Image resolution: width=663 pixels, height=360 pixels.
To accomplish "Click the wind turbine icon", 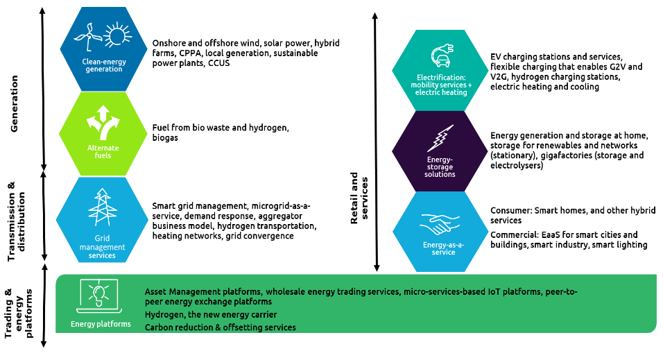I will pyautogui.click(x=88, y=36).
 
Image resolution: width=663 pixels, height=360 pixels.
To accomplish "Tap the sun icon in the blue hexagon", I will pyautogui.click(x=117, y=36).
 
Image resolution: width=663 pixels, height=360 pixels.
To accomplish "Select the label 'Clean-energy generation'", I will pyautogui.click(x=103, y=65).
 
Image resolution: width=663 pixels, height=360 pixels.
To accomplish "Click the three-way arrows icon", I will pyautogui.click(x=103, y=123).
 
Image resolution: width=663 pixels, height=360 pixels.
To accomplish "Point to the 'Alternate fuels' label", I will pyautogui.click(x=103, y=151).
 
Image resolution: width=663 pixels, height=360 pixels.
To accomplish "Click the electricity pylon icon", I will pyautogui.click(x=102, y=207).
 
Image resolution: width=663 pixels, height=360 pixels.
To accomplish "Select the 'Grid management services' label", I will pyautogui.click(x=102, y=247).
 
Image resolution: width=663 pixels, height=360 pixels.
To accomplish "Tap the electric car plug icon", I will pyautogui.click(x=441, y=55).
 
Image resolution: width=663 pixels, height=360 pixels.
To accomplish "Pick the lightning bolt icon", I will pyautogui.click(x=440, y=138).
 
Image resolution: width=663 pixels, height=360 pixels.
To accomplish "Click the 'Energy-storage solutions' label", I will pyautogui.click(x=440, y=166).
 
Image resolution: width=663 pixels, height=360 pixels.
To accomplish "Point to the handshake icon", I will pyautogui.click(x=440, y=224).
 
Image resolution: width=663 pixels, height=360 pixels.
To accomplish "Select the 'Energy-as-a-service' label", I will pyautogui.click(x=439, y=248).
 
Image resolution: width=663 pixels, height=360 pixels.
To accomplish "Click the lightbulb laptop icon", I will pyautogui.click(x=99, y=294).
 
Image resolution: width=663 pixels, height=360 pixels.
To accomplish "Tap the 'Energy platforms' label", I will pyautogui.click(x=101, y=324).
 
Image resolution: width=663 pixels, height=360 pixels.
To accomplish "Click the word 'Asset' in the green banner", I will pyautogui.click(x=157, y=292).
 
